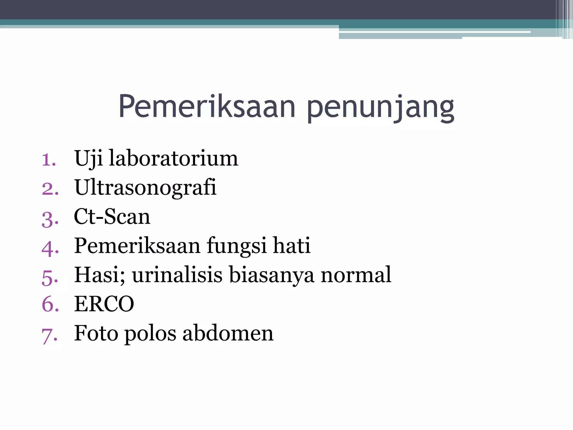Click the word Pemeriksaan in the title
[207, 106]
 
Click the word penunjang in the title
[381, 108]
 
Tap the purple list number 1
[49, 160]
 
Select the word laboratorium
[173, 158]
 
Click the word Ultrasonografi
[145, 188]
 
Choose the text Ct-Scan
[112, 217]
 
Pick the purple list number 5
[50, 277]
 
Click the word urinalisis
[177, 275]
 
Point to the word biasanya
[271, 275]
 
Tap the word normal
[356, 275]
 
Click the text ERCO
[104, 304]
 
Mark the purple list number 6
[50, 304]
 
